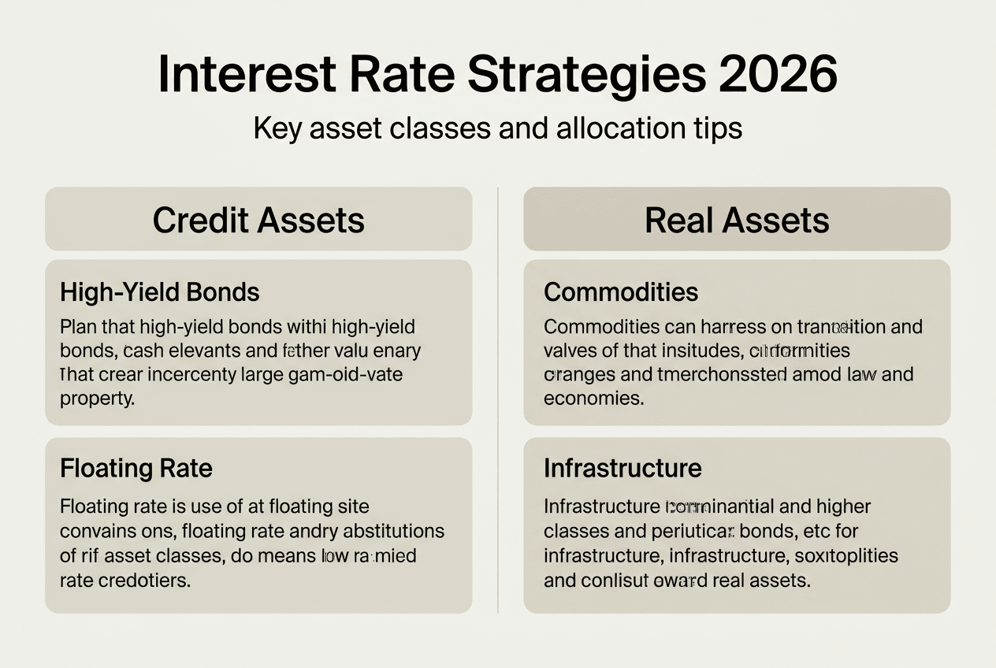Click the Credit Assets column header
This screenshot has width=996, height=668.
coord(258,220)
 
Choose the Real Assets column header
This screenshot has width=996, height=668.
coord(737,220)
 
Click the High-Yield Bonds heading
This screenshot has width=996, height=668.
coord(159,292)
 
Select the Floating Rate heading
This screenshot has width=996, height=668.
coord(136,469)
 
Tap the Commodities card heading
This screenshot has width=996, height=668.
coord(621,292)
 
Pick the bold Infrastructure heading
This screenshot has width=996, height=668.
coord(622,469)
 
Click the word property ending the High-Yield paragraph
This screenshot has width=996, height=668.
coord(97,398)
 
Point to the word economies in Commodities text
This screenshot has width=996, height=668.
coord(593,398)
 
